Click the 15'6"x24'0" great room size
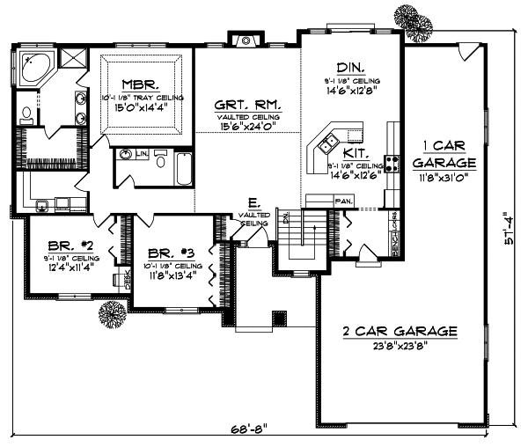click(247, 127)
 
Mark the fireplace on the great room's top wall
click(245, 39)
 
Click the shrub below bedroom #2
click(111, 313)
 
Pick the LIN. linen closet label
click(140, 152)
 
